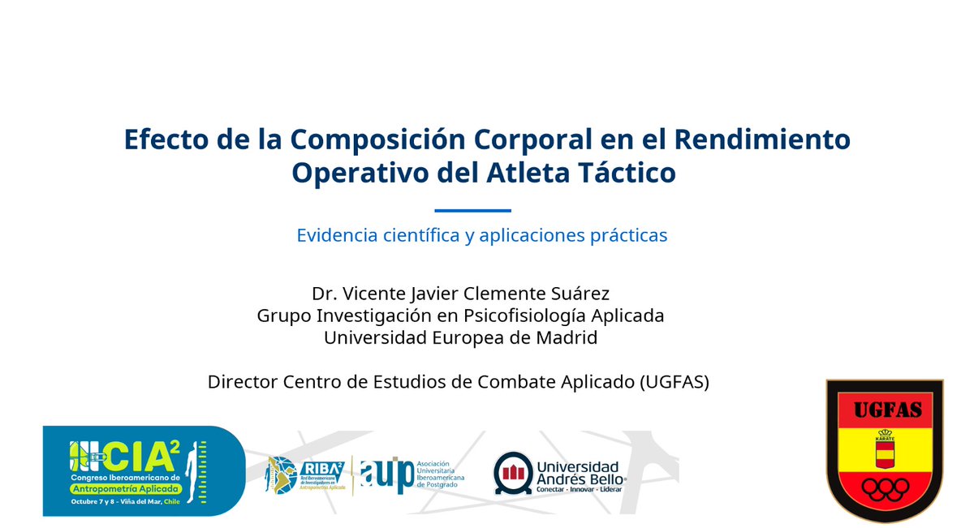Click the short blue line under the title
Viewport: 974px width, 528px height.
(x=472, y=211)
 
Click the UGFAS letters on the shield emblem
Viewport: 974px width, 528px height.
(x=885, y=410)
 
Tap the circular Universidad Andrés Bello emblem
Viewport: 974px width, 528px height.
(x=513, y=474)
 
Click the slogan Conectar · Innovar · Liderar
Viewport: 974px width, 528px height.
(x=579, y=490)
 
